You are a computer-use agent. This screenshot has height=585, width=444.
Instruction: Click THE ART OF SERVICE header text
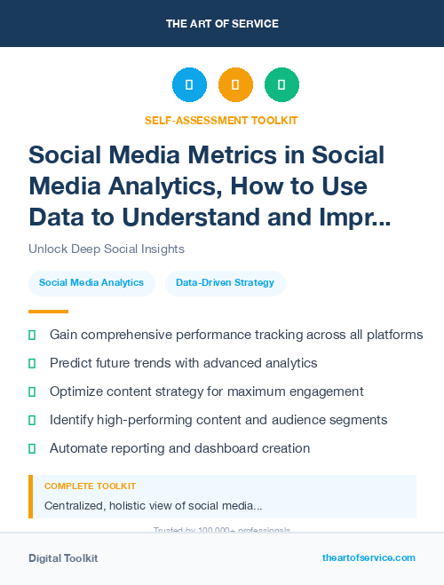point(222,24)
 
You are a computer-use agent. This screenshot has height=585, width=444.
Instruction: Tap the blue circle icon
point(189,85)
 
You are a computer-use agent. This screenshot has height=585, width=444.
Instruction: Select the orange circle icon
point(235,85)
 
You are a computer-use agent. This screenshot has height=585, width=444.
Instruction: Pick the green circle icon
point(281,85)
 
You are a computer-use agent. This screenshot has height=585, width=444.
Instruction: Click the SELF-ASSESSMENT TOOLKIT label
point(222,120)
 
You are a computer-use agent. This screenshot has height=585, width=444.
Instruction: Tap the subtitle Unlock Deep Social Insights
point(107,249)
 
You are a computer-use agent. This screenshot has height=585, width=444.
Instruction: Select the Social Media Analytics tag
point(91,283)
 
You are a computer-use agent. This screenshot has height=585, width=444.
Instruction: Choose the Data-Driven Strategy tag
point(225,283)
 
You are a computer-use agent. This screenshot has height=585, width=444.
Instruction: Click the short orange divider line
point(48,312)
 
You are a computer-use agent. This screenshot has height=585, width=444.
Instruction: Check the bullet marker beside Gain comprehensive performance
point(32,336)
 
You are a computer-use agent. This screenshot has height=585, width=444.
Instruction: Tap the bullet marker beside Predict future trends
point(32,364)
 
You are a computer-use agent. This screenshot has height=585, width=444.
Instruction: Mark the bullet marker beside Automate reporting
point(32,449)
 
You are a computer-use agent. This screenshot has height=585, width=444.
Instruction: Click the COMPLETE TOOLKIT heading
point(90,486)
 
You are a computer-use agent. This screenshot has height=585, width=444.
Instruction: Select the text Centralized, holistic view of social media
point(153,506)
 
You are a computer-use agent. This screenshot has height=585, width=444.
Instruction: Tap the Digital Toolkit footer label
point(63,558)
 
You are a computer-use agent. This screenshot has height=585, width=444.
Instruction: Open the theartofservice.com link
point(369,557)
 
